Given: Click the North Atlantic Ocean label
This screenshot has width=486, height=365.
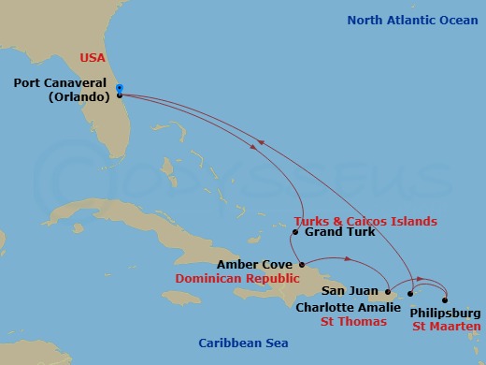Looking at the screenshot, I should (412, 20).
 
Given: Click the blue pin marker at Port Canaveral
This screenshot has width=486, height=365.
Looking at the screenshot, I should (120, 89).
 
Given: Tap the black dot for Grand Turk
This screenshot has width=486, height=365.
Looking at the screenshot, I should (295, 232).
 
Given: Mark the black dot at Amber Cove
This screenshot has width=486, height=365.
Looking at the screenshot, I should (301, 265).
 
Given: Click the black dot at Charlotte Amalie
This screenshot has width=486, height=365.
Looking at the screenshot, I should (409, 293).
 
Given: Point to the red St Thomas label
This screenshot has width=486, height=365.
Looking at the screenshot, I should (354, 322).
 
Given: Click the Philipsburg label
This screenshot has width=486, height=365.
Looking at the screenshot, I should (445, 313).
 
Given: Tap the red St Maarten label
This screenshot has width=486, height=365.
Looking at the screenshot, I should (447, 327).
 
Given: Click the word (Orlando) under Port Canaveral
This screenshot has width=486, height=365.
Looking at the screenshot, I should (77, 96).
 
